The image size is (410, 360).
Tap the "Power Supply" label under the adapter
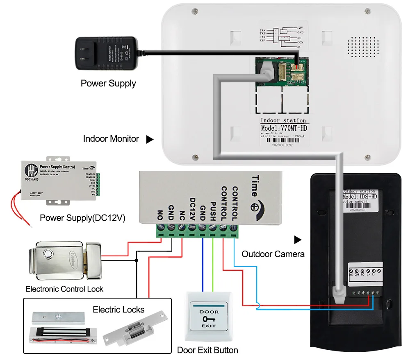click(x=108, y=84)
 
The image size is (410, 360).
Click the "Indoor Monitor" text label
click(x=111, y=139)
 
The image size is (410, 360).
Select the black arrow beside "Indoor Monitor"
click(x=150, y=139)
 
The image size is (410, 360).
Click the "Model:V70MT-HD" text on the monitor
click(x=283, y=128)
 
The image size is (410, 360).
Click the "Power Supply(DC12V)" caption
click(x=82, y=218)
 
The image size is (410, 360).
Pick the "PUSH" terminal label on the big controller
click(x=213, y=211)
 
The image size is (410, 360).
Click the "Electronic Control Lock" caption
click(x=64, y=289)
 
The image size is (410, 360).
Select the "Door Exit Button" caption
click(x=207, y=350)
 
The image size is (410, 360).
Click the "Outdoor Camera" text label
click(x=273, y=254)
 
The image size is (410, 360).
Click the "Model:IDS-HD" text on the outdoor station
click(x=360, y=197)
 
